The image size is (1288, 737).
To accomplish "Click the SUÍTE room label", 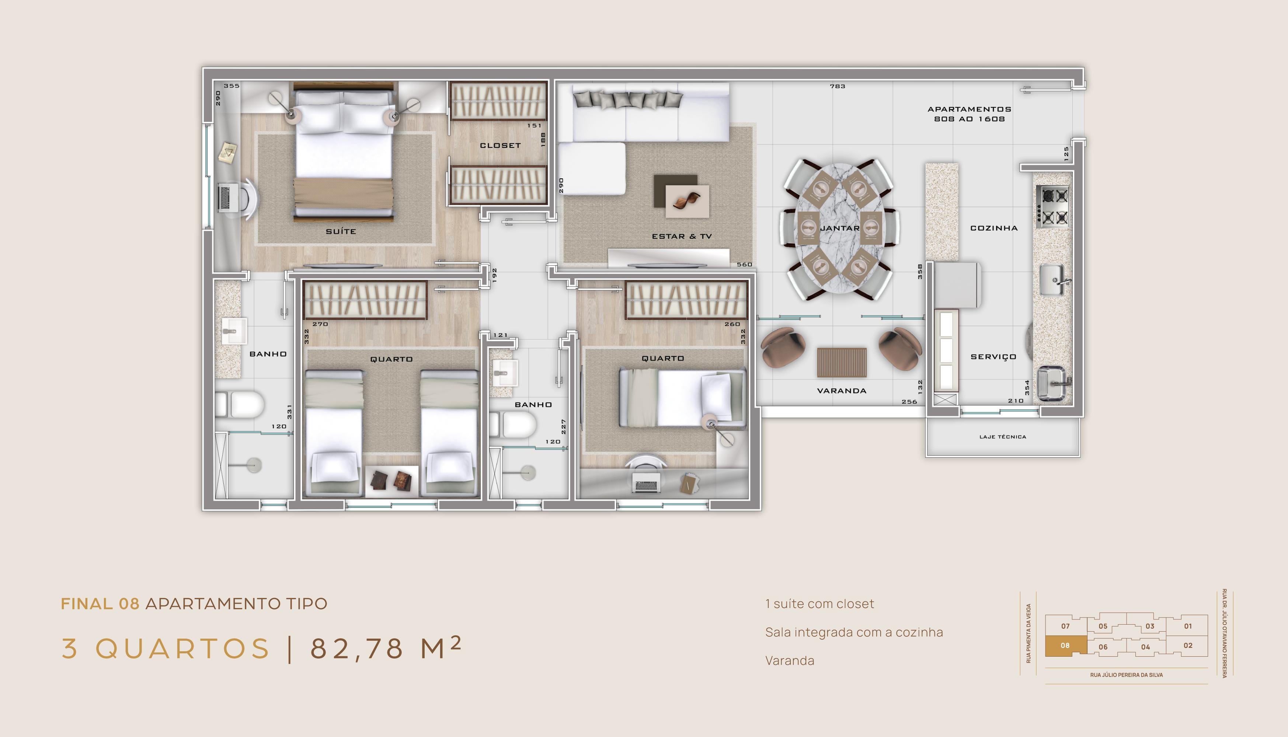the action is [x=341, y=231].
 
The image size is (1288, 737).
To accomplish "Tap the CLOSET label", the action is [x=500, y=145].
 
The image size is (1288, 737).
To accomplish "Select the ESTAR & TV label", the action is [x=682, y=236].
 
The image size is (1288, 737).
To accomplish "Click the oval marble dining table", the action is [x=840, y=228].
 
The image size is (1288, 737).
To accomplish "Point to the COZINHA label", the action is [x=994, y=228].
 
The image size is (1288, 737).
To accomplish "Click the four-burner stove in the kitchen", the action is [x=1052, y=206].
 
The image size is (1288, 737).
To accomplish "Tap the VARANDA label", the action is [x=842, y=391].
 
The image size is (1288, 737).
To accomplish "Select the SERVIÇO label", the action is [x=993, y=357].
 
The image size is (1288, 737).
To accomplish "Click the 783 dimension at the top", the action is [x=838, y=87].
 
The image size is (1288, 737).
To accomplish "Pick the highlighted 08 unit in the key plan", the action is [x=1066, y=646].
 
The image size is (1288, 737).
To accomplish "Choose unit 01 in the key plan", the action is [x=1188, y=626].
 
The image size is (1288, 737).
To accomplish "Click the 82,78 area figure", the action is [x=356, y=649].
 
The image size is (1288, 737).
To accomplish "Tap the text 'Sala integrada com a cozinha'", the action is [x=854, y=632].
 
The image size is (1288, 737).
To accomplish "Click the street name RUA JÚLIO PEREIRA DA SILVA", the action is [x=1127, y=675].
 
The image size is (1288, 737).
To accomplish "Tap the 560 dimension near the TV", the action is [x=744, y=264].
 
